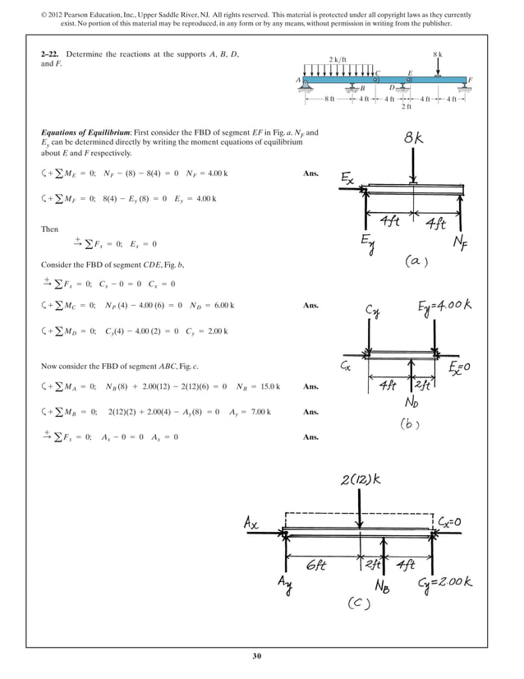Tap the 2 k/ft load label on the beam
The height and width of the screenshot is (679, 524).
coord(338,60)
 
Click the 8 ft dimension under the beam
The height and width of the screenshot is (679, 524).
coord(329,99)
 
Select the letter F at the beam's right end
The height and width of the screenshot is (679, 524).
coord(470,79)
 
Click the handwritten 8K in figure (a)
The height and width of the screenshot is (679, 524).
coord(415,140)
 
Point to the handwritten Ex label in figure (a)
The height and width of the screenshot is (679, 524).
coord(349,178)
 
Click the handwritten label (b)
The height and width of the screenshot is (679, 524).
coord(411,425)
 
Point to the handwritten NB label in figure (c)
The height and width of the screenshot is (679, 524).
coord(384,587)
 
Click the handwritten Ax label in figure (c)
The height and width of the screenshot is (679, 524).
coord(253,522)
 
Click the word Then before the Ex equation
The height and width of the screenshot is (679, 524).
coord(51,229)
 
